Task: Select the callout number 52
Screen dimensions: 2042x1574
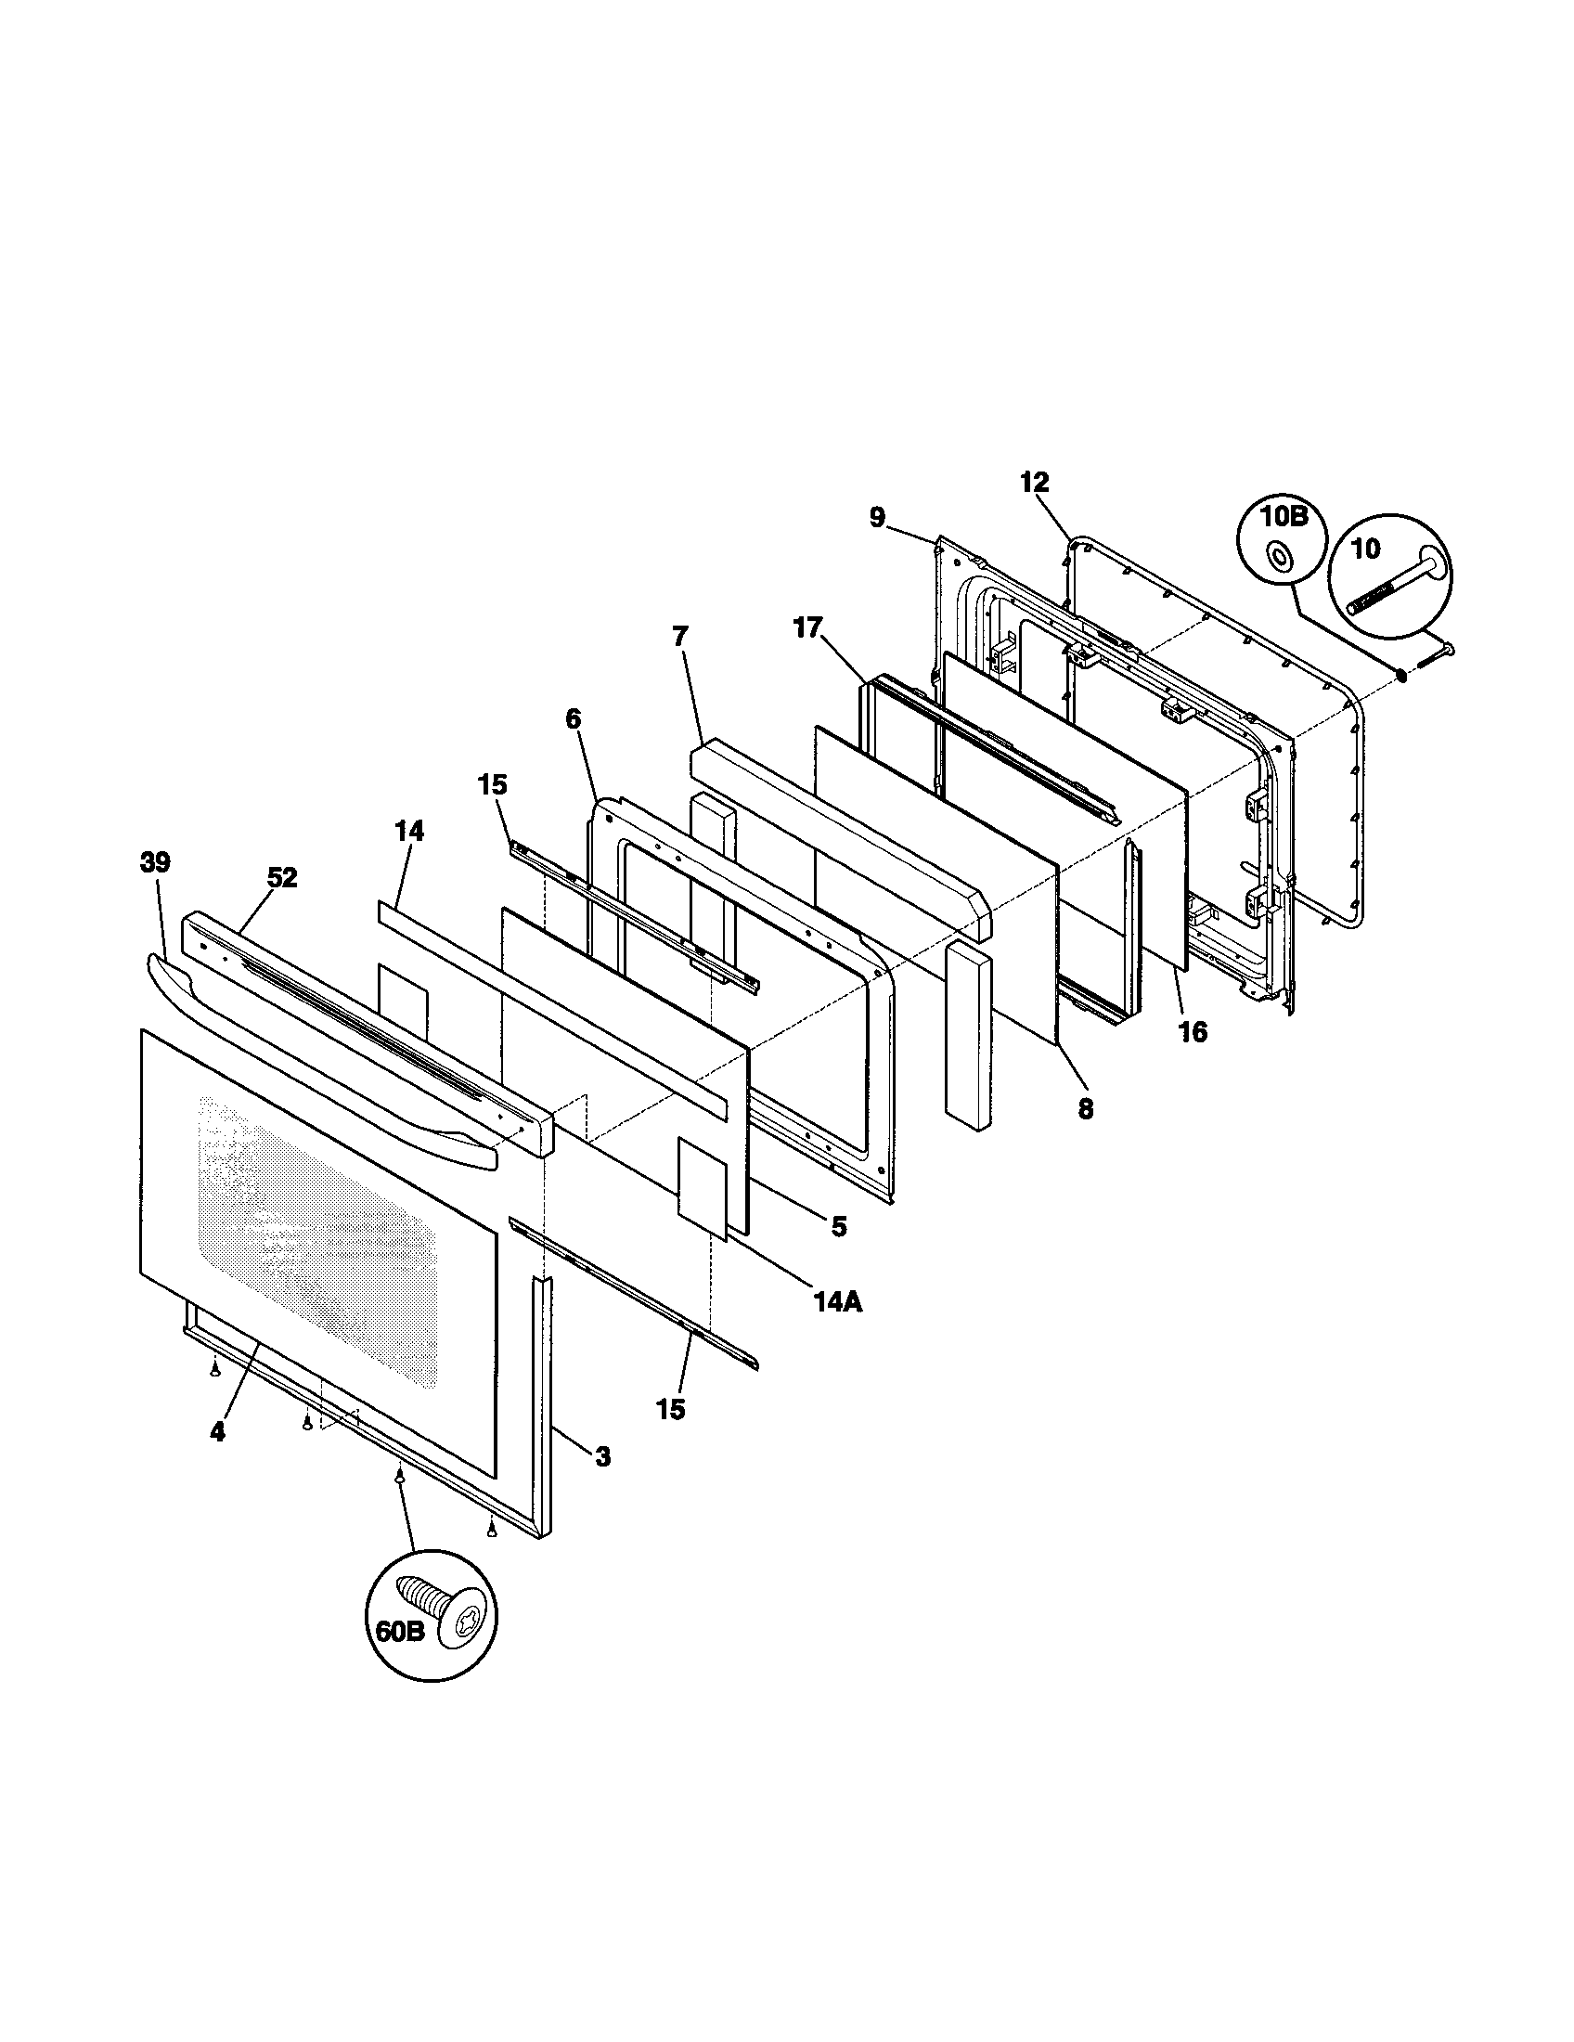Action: tap(282, 878)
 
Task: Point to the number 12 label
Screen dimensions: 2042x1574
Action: tap(1034, 484)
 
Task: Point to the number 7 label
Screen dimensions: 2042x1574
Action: tap(678, 637)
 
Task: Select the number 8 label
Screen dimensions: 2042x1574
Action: tap(1085, 1109)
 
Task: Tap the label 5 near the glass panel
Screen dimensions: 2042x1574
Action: tap(838, 1227)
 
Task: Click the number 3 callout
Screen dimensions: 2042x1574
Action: tap(603, 1455)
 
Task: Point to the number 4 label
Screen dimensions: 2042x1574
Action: tap(217, 1431)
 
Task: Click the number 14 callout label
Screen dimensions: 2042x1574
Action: tap(408, 832)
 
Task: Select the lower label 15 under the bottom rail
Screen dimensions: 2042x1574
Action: tap(670, 1409)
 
